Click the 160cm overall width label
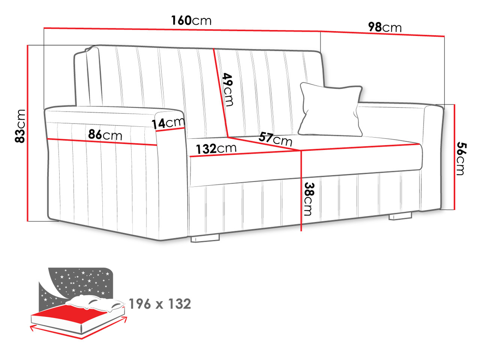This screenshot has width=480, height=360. pos(191,20)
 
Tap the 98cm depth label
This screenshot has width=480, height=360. pos(385,27)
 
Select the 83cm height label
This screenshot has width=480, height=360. pos(20,126)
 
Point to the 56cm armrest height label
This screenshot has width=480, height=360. pos(462,158)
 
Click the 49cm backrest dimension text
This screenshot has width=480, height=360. pos(228,90)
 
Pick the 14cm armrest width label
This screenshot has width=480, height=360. pos(168,123)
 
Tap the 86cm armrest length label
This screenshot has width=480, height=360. pos(105,135)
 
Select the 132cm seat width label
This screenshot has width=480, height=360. pos(216,149)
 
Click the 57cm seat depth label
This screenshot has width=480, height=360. pos(275,140)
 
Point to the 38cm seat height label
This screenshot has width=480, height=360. pos(309,199)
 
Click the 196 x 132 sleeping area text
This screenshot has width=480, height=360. pos(160,304)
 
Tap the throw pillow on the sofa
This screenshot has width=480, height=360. pos(331,109)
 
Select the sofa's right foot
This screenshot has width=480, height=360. pos(400,216)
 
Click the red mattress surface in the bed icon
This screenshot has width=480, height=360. pos(72,314)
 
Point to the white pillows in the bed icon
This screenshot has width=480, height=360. pos(95,303)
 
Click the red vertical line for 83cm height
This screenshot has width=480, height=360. pos(28,133)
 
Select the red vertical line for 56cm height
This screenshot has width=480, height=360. pos(455,157)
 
